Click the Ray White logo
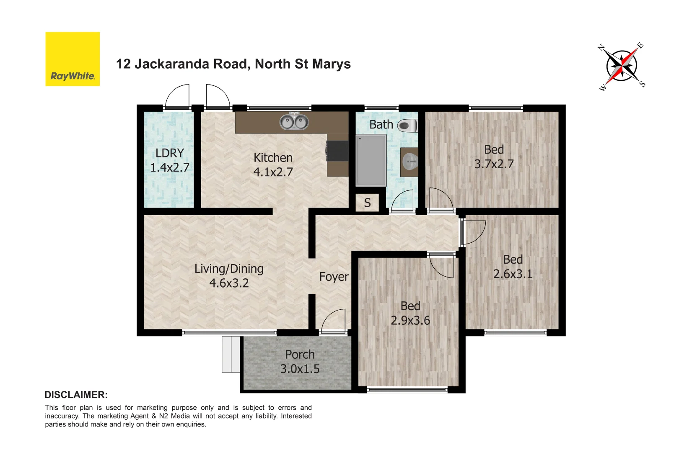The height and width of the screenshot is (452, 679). [73, 59]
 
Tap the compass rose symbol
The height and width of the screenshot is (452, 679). [622, 66]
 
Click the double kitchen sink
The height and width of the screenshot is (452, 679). [294, 122]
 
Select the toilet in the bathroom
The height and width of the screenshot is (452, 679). [407, 125]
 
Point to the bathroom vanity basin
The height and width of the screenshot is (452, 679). [410, 162]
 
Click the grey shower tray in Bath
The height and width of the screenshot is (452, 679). [371, 160]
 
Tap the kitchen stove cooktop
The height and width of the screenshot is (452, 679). [338, 151]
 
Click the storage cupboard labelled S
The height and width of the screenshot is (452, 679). [368, 203]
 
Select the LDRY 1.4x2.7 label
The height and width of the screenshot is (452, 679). [170, 160]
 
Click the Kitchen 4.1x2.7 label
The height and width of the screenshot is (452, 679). [273, 165]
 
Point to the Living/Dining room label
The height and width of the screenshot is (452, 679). [229, 276]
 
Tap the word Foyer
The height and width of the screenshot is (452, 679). [334, 277]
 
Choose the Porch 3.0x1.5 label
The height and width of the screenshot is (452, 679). [300, 362]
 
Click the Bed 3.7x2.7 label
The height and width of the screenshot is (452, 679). [494, 157]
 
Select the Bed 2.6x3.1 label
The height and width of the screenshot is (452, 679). [513, 267]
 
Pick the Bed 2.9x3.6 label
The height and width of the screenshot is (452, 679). [410, 313]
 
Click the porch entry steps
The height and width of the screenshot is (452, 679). [231, 354]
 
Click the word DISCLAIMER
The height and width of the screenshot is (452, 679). [76, 395]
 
